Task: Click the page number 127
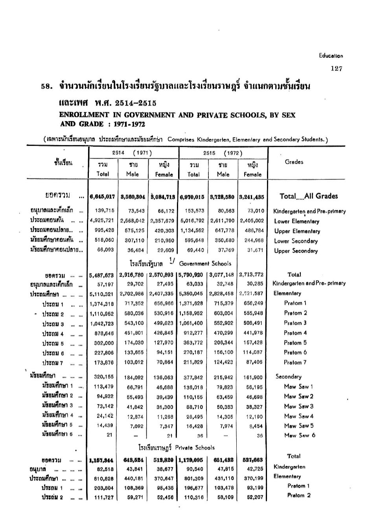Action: point(336,68)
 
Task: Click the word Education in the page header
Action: point(331,56)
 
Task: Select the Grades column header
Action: point(294,162)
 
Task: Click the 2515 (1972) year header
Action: point(223,153)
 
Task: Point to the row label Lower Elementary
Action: point(296,221)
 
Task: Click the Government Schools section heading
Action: point(205,264)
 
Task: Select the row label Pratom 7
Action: point(295,362)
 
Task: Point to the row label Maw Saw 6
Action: point(299,435)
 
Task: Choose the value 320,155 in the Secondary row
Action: point(103,377)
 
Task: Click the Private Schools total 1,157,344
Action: point(101,460)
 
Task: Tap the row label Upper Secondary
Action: point(296,251)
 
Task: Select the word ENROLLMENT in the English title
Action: point(79,115)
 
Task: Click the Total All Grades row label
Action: point(308,196)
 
